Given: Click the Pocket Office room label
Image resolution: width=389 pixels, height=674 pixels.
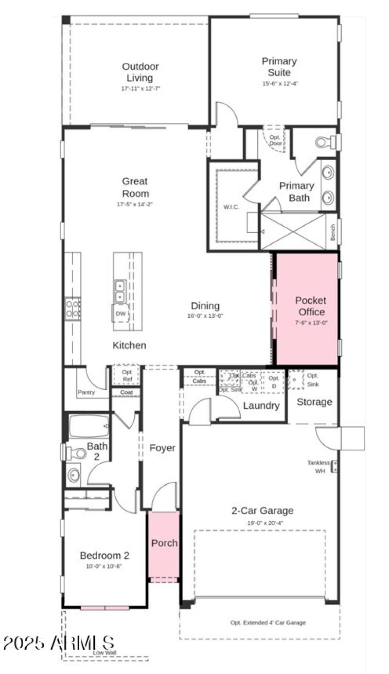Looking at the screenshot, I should coord(310,306).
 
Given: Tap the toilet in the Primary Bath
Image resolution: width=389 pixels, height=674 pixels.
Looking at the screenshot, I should coord(323,143).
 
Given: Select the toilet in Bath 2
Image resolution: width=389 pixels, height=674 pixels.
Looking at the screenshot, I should coord(76,454).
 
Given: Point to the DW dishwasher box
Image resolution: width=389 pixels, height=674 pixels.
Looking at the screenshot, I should coord(121,314).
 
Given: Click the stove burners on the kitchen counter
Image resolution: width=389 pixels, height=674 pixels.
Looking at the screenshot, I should coord(73,309).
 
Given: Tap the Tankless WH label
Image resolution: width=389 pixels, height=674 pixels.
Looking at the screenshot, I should coord(319,467).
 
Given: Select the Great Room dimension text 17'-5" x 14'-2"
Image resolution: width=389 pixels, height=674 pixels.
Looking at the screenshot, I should coord(135,204).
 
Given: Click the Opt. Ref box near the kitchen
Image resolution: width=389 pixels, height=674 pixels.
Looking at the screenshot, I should coord(126,375).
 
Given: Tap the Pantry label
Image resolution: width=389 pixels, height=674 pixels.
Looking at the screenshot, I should coord(86,392).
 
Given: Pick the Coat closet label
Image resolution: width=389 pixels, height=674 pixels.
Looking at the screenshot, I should coord(126,392).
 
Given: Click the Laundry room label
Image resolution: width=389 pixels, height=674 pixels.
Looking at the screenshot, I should coord(261,406).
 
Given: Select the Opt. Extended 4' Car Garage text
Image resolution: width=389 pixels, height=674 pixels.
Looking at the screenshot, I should coord(268,622).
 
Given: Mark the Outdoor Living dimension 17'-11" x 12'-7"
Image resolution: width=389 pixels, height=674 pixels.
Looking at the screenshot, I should coord(141,89).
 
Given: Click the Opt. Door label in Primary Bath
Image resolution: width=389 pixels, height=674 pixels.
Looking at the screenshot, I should coord(275,140).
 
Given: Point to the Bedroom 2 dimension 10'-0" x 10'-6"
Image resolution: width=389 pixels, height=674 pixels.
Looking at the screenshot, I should coord(105,566).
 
